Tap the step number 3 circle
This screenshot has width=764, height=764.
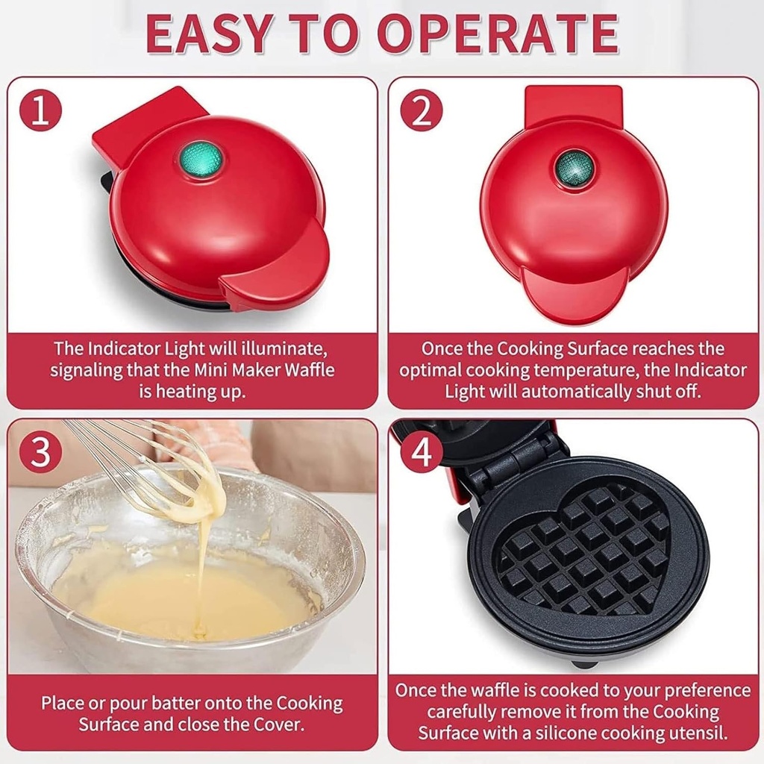(40, 451)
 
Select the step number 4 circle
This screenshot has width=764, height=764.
(422, 451)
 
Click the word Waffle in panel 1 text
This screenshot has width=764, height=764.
(307, 370)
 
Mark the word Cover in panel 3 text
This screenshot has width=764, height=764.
(271, 724)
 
